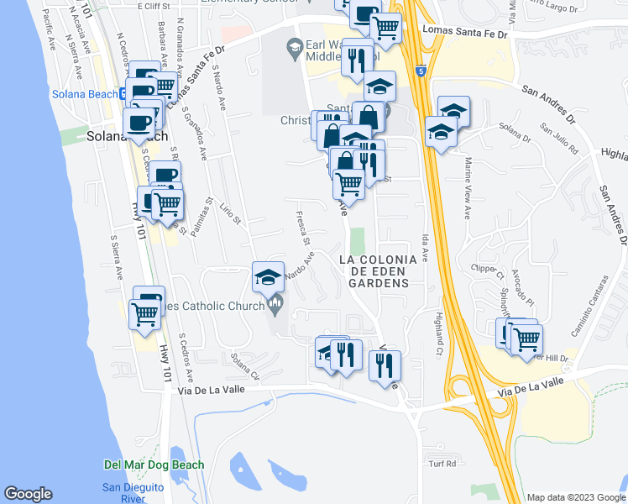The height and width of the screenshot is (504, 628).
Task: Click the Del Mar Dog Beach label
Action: pos(154,465)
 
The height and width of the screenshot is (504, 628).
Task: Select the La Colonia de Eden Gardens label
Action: pos(374,271)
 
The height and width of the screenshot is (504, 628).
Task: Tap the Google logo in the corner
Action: pos(28,494)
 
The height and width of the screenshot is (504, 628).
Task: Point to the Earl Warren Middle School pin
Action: pos(294,51)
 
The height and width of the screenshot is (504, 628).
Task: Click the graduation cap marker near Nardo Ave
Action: pos(267,276)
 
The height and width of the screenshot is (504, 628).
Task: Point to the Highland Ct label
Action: pos(438,328)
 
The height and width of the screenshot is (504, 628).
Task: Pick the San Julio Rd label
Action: pos(560,140)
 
